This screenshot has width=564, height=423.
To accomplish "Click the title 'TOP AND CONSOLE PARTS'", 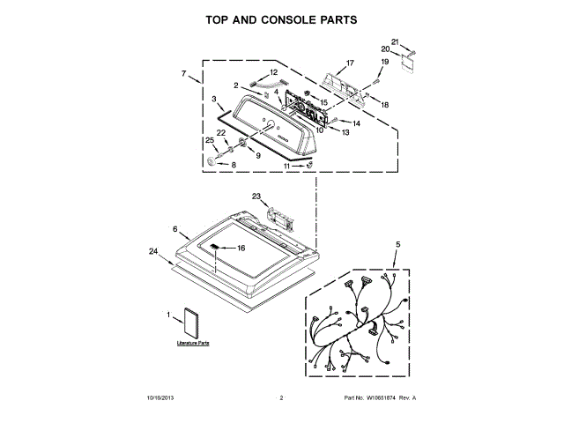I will pyautogui.click(x=281, y=19).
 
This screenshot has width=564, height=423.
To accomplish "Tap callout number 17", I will pyautogui.click(x=350, y=63).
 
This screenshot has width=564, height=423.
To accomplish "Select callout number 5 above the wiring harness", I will pyautogui.click(x=397, y=244).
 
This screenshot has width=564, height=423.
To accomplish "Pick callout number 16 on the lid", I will pyautogui.click(x=241, y=248).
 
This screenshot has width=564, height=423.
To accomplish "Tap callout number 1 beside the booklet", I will pyautogui.click(x=168, y=313).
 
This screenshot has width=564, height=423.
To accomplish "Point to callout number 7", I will pyautogui.click(x=183, y=73).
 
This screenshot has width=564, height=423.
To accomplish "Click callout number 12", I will pyautogui.click(x=273, y=72).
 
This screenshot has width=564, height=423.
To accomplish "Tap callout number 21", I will pyautogui.click(x=395, y=41).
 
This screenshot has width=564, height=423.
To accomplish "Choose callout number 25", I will pyautogui.click(x=210, y=140).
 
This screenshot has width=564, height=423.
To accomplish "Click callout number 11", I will pyautogui.click(x=286, y=165).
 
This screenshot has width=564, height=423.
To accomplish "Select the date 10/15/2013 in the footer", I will pyautogui.click(x=161, y=398).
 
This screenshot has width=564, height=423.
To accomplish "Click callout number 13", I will pyautogui.click(x=345, y=132).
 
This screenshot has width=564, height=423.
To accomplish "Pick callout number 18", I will pyautogui.click(x=384, y=104).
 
